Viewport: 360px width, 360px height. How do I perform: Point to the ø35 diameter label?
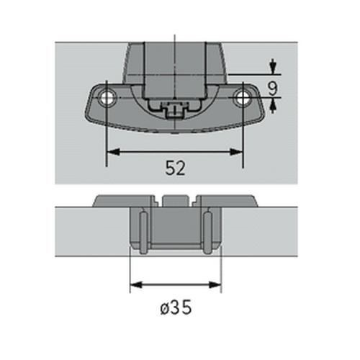point(175,309)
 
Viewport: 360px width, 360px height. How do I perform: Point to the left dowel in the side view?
point(142,230)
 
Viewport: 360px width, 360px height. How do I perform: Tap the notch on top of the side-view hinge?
point(175,197)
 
